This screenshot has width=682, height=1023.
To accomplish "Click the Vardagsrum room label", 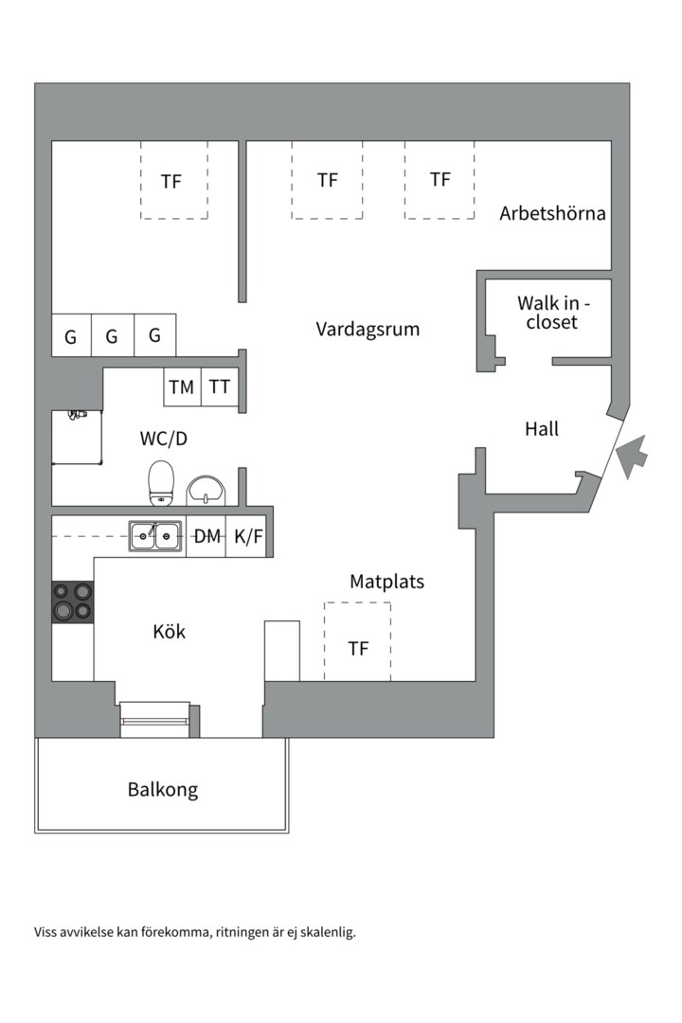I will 368,330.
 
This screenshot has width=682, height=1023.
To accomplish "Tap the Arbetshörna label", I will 552,213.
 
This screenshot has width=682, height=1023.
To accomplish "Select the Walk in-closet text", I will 552,313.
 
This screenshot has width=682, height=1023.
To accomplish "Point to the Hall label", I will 542,429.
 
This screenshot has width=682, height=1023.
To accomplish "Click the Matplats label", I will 386,582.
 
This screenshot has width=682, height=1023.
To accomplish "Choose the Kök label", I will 170,632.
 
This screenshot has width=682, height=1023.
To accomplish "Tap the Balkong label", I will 163,789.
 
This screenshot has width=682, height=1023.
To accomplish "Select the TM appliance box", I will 181,386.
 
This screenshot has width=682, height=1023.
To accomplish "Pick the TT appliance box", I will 220,386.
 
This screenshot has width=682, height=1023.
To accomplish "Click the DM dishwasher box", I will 206,537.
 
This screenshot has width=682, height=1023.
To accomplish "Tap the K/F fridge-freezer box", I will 249,537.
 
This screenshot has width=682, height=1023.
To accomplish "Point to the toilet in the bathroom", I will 162,483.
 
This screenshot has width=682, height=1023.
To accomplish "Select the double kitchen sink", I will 155,537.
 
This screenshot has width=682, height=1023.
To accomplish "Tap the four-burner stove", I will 73,601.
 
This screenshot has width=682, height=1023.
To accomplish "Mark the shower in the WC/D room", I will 76,437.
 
